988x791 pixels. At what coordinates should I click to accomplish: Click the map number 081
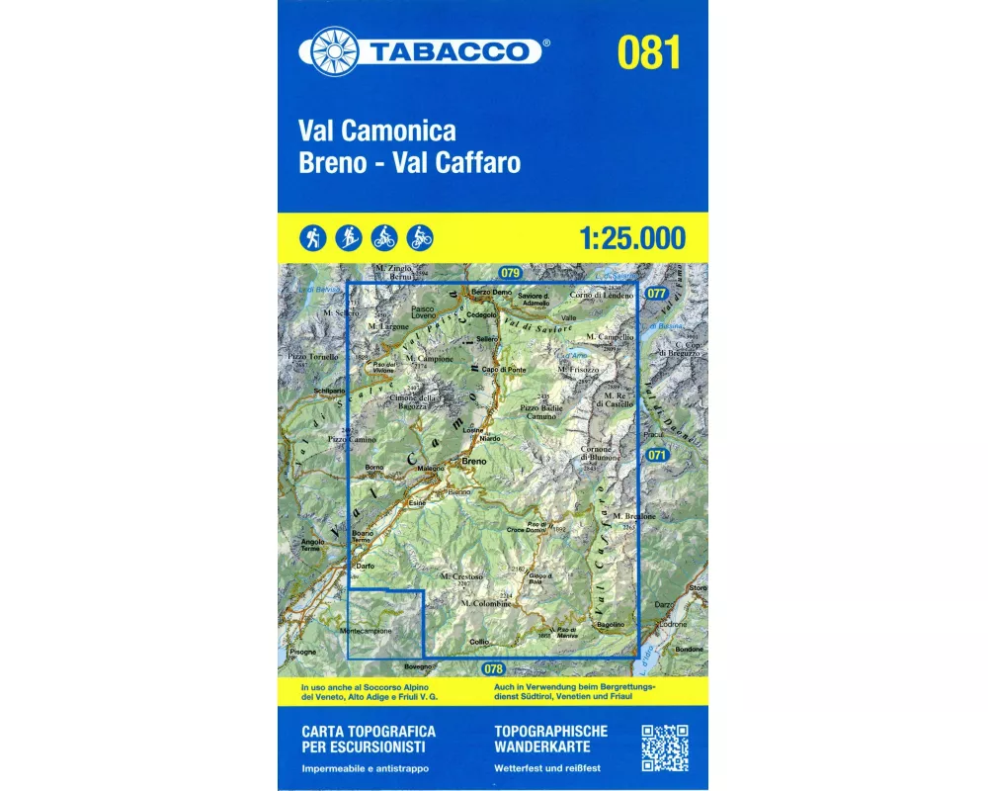[x=648, y=51]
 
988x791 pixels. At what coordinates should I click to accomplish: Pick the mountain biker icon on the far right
[x=420, y=237]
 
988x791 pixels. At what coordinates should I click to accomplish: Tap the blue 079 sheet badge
[x=509, y=272]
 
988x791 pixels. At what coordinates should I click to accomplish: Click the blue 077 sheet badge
[x=656, y=294]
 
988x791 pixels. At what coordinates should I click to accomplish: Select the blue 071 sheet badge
[x=657, y=455]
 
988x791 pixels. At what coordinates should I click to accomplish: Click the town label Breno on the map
[x=473, y=462]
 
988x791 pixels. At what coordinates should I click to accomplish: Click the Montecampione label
[x=366, y=631]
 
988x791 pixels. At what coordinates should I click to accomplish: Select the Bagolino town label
[x=611, y=624]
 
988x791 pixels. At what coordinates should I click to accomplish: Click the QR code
[x=665, y=748]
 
